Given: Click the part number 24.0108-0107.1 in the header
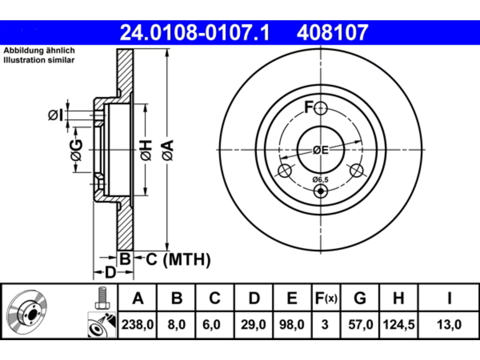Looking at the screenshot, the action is [195, 33].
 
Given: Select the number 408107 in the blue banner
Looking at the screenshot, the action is [333, 33].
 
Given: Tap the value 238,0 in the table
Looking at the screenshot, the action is [138, 325].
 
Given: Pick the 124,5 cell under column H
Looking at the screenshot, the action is [399, 325].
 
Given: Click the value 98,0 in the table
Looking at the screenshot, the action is [292, 325].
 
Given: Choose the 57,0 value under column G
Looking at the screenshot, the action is [361, 325].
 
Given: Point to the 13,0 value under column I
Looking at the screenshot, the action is [449, 325].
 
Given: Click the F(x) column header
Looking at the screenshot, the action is [326, 298].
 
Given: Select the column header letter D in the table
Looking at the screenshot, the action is [254, 298].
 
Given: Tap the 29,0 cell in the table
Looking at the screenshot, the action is [253, 325].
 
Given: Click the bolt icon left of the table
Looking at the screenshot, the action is [102, 298].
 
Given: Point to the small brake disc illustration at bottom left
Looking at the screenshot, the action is [27, 312].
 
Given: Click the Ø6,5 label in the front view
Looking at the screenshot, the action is [320, 180].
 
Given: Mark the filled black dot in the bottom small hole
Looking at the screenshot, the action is [321, 191].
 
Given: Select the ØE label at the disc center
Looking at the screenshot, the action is [321, 150].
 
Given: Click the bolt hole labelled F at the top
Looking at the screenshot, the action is [321, 108].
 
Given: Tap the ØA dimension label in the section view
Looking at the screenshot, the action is [168, 151].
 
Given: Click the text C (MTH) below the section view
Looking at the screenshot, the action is [178, 259].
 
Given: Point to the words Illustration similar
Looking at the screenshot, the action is [39, 60].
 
